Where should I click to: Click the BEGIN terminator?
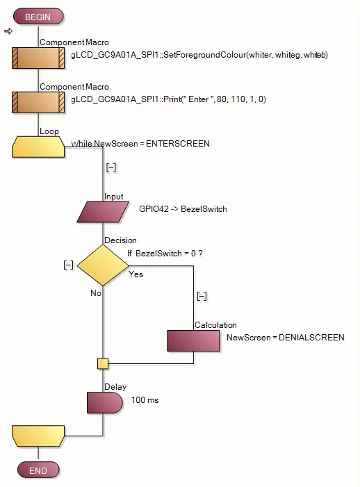[x=38, y=17]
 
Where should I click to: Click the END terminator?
[x=38, y=470]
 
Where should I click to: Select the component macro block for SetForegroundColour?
[x=38, y=58]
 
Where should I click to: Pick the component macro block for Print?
[x=38, y=102]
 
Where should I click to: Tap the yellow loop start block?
[x=38, y=147]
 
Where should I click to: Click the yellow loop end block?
[x=38, y=436]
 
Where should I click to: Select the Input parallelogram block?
[x=103, y=212]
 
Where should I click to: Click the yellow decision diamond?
[x=103, y=265]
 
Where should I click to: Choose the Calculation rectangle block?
[x=193, y=340]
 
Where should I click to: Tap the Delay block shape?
[x=105, y=402]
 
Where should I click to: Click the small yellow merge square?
[x=103, y=363]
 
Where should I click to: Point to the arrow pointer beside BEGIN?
[x=8, y=31]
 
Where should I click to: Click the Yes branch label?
[x=136, y=274]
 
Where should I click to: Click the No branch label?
[x=96, y=293]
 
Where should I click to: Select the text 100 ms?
[x=145, y=400]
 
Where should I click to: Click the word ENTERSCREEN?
[x=178, y=144]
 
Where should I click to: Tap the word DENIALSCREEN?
[x=311, y=338]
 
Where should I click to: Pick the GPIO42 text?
[x=154, y=208]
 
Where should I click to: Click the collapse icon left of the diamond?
[x=68, y=265]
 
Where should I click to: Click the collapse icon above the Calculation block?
[x=202, y=296]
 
